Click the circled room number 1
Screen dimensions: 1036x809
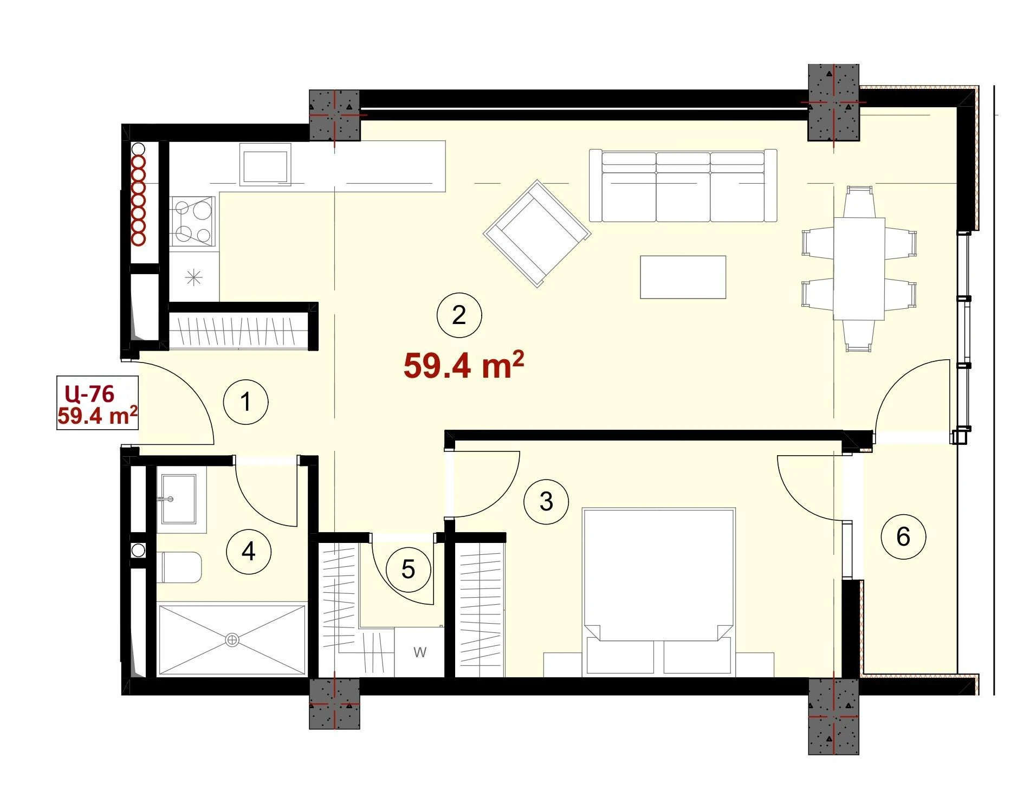[x=246, y=402]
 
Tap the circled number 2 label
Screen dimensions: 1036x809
[x=459, y=315]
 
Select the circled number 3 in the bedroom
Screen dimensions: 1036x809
[x=546, y=501]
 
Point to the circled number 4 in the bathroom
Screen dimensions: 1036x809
[x=249, y=551]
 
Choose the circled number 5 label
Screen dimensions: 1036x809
[x=409, y=569]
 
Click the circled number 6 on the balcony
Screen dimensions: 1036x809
[x=903, y=536]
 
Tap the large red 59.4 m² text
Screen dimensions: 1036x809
[x=464, y=365]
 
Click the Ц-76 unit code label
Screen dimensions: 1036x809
[x=89, y=393]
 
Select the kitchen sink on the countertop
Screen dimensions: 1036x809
[x=265, y=164]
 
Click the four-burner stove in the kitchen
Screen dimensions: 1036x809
[x=193, y=221]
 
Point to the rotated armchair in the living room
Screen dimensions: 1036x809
[x=537, y=233]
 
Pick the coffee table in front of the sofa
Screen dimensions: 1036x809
[x=683, y=277]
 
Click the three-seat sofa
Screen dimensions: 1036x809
[x=683, y=185]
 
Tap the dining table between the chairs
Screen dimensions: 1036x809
[x=859, y=269]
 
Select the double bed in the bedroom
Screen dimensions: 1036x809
[x=658, y=592]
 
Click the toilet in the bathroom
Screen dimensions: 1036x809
[x=181, y=567]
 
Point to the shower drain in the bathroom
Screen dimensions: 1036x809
[x=232, y=640]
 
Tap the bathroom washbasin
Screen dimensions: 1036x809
[x=179, y=499]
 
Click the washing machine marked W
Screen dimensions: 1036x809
[x=420, y=652]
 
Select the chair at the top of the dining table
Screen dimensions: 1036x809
[x=859, y=202]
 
